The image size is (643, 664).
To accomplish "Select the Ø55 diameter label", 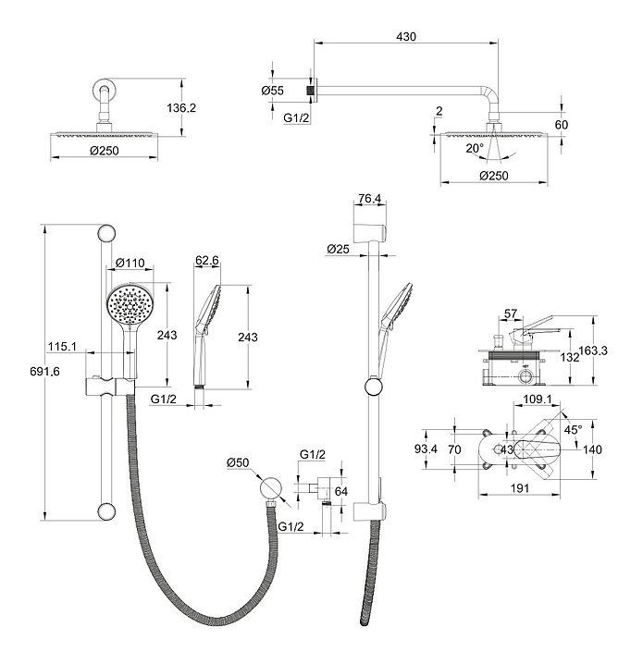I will [x=272, y=91].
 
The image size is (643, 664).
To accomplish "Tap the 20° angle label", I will [x=475, y=147].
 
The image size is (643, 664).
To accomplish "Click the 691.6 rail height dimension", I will [x=30, y=371].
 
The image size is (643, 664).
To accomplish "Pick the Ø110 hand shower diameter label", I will [x=130, y=263].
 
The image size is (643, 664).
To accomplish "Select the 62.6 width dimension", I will [x=207, y=262].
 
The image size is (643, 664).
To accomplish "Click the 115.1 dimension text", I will [x=62, y=347].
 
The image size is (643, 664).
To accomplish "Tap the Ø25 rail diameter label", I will [x=338, y=249].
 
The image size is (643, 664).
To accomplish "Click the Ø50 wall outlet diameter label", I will [x=239, y=462].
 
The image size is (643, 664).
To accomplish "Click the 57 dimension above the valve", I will [x=511, y=314].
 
